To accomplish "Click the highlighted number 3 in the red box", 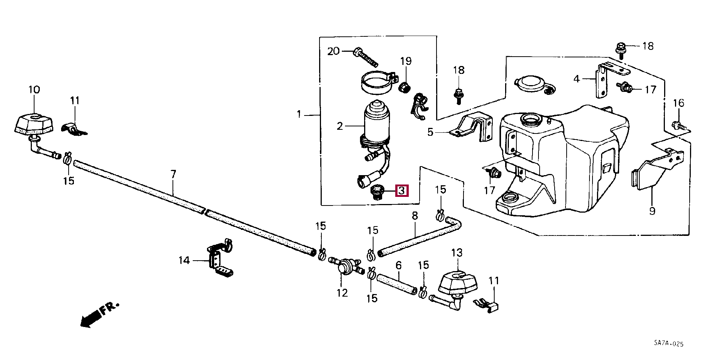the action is [x=401, y=191].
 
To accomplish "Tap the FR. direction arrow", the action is [x=99, y=315].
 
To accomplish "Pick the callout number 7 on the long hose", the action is [x=173, y=174].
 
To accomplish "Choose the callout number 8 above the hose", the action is [x=414, y=216].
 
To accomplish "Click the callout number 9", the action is [x=652, y=211].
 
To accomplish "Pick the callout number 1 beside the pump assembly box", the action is [x=299, y=114].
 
